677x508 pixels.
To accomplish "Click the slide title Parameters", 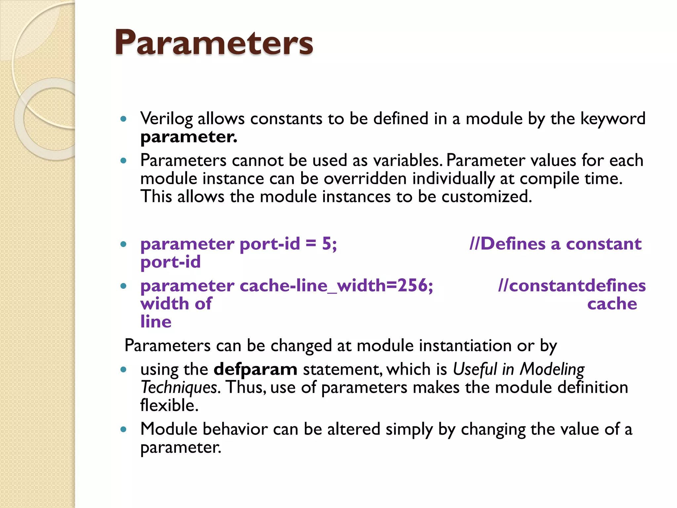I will coord(214,43).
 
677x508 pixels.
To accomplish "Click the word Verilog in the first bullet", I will coord(166,119).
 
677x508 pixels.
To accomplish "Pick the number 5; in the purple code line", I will coord(329,244).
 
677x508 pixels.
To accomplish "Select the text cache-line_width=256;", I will coord(336,286).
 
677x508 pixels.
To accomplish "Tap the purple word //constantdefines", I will coord(572,286).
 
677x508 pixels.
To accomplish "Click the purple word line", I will coord(156,322).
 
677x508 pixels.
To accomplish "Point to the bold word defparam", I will coord(255,369).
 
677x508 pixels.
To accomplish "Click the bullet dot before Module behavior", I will coord(124,430).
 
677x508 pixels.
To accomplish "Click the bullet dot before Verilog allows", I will coord(124,119).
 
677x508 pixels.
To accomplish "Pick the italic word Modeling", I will coord(552,369).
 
